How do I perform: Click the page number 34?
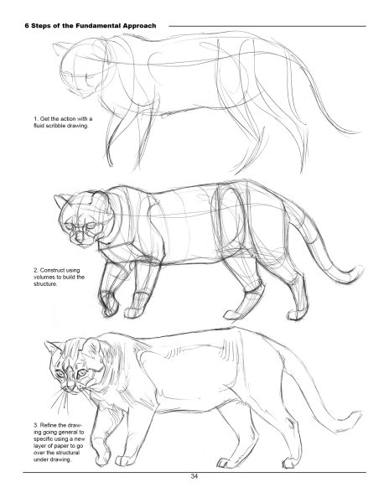click(x=194, y=476)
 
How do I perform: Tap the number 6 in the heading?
click(x=27, y=26)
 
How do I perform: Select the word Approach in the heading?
click(x=139, y=26)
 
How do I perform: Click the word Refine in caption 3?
click(x=49, y=425)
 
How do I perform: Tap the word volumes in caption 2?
click(x=44, y=277)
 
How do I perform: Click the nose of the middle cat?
click(x=79, y=238)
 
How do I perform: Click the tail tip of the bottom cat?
click(x=356, y=417)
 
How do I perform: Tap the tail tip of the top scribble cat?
click(x=355, y=132)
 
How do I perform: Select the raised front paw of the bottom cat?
click(x=103, y=454)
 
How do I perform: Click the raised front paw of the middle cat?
click(x=110, y=304)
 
